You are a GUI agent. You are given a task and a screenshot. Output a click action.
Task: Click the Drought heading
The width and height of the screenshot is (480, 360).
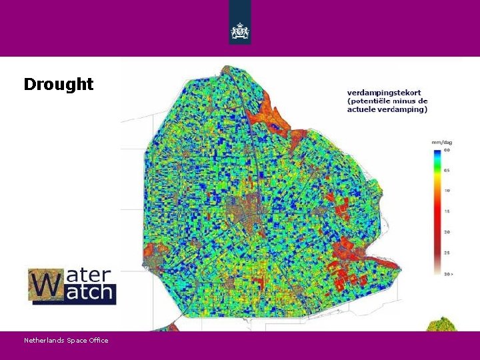tap(59, 84)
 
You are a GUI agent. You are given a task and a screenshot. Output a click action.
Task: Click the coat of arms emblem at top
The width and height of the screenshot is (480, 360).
tap(240, 31)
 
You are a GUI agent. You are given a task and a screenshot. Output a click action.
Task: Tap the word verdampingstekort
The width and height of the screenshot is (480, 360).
tap(383, 93)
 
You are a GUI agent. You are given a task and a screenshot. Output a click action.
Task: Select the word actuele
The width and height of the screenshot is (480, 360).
tap(362, 109)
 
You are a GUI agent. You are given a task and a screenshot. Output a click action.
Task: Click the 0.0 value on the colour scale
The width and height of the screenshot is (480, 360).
tap(447, 150)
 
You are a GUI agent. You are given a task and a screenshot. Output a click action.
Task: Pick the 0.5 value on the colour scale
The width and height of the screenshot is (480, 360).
tap(447, 171)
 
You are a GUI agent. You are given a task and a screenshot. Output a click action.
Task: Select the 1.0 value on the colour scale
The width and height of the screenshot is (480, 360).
tap(447, 191)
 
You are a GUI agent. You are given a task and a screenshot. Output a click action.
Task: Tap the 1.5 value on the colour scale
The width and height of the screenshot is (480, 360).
tap(447, 211)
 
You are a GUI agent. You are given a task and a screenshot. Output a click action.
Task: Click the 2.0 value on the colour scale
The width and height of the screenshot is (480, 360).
tap(447, 231)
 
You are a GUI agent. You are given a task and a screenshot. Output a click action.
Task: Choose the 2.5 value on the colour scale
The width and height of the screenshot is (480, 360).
tap(447, 253)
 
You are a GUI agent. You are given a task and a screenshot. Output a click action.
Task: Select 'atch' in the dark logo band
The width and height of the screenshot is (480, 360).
tap(91, 293)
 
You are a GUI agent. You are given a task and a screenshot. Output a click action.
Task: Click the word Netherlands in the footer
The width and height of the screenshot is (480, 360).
tap(44, 341)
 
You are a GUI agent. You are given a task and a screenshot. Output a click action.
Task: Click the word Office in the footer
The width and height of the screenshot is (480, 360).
tap(98, 341)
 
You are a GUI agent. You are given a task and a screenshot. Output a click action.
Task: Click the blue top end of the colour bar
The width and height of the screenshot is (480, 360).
tap(437, 153)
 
